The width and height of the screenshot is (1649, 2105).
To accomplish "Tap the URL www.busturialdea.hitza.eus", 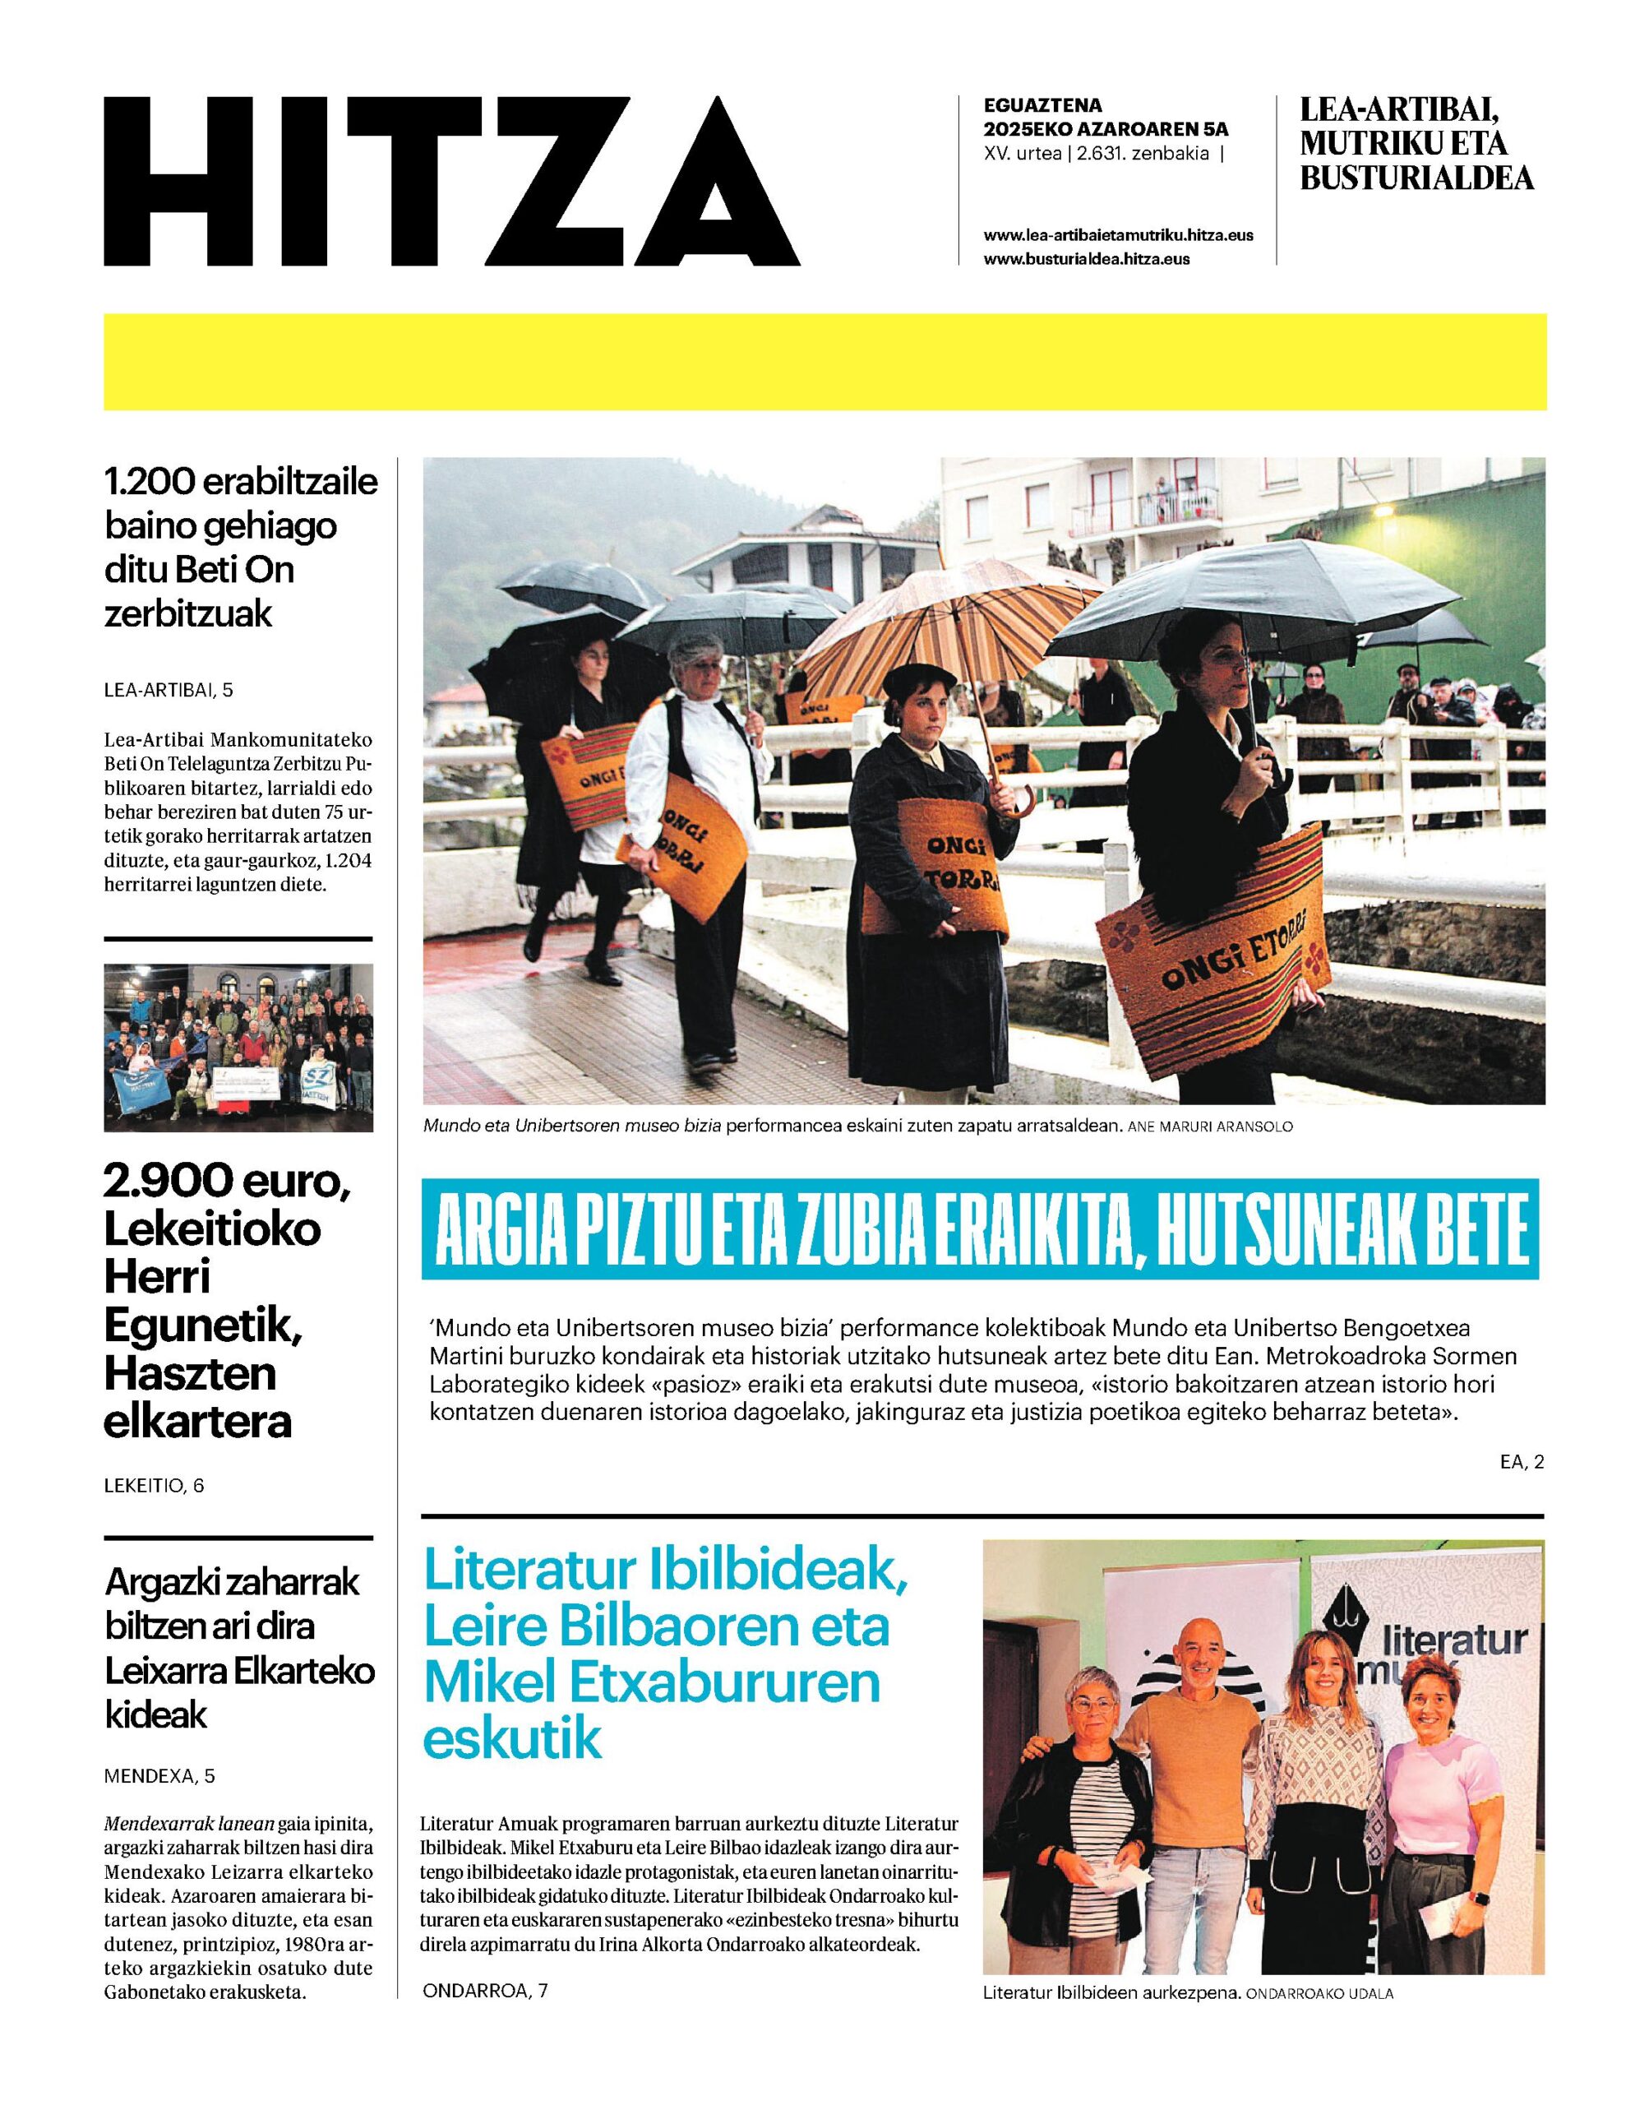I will [1086, 259].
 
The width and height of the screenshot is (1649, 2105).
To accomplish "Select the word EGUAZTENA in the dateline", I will [1042, 105].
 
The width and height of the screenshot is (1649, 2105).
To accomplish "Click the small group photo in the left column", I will [238, 1047].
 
